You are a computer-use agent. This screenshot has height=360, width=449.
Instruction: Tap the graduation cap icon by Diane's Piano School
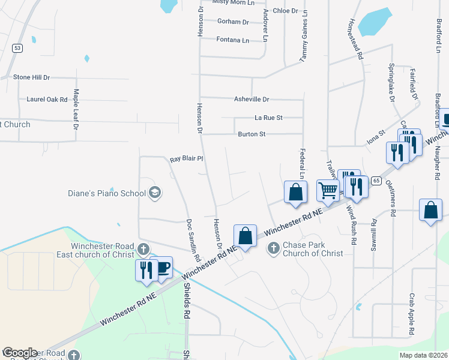155,193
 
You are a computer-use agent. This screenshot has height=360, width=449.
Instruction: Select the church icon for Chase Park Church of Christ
273,248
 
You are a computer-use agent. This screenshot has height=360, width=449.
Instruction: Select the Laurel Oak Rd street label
47,99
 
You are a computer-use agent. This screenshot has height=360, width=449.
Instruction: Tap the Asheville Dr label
252,99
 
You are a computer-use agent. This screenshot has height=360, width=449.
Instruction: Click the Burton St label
252,134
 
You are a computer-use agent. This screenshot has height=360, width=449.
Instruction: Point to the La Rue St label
268,118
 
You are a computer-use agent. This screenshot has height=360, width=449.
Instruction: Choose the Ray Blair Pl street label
187,159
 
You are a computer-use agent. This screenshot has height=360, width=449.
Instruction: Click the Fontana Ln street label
233,40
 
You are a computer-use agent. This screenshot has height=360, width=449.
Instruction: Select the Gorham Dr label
233,22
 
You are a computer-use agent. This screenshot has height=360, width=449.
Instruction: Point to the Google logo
20,353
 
